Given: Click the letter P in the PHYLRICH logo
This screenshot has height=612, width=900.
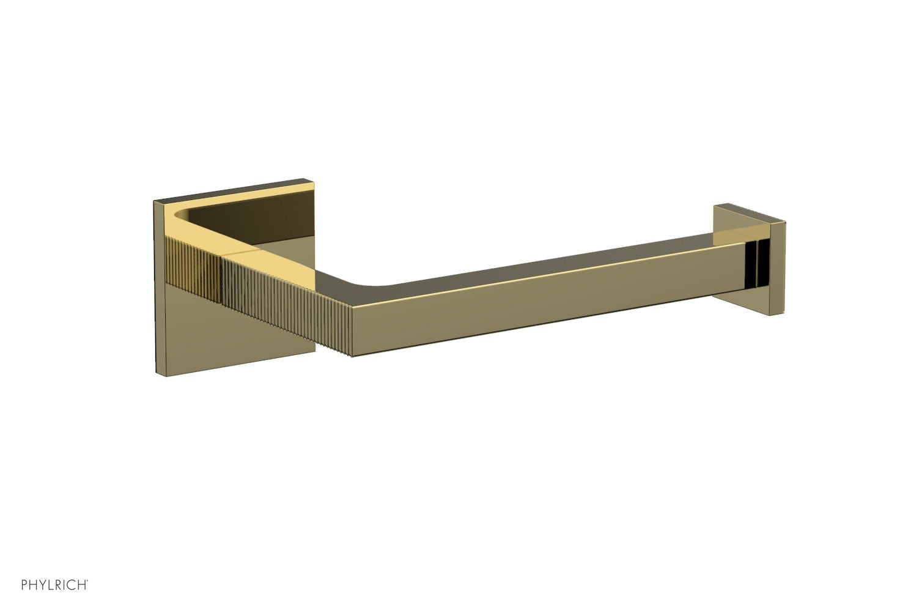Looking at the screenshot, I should click(x=25, y=585).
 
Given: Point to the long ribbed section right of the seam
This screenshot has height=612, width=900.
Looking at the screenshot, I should click(x=287, y=306).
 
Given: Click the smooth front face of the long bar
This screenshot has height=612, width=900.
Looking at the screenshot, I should click(x=538, y=300).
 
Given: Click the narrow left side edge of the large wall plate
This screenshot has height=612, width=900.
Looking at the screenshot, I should click(x=158, y=288).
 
